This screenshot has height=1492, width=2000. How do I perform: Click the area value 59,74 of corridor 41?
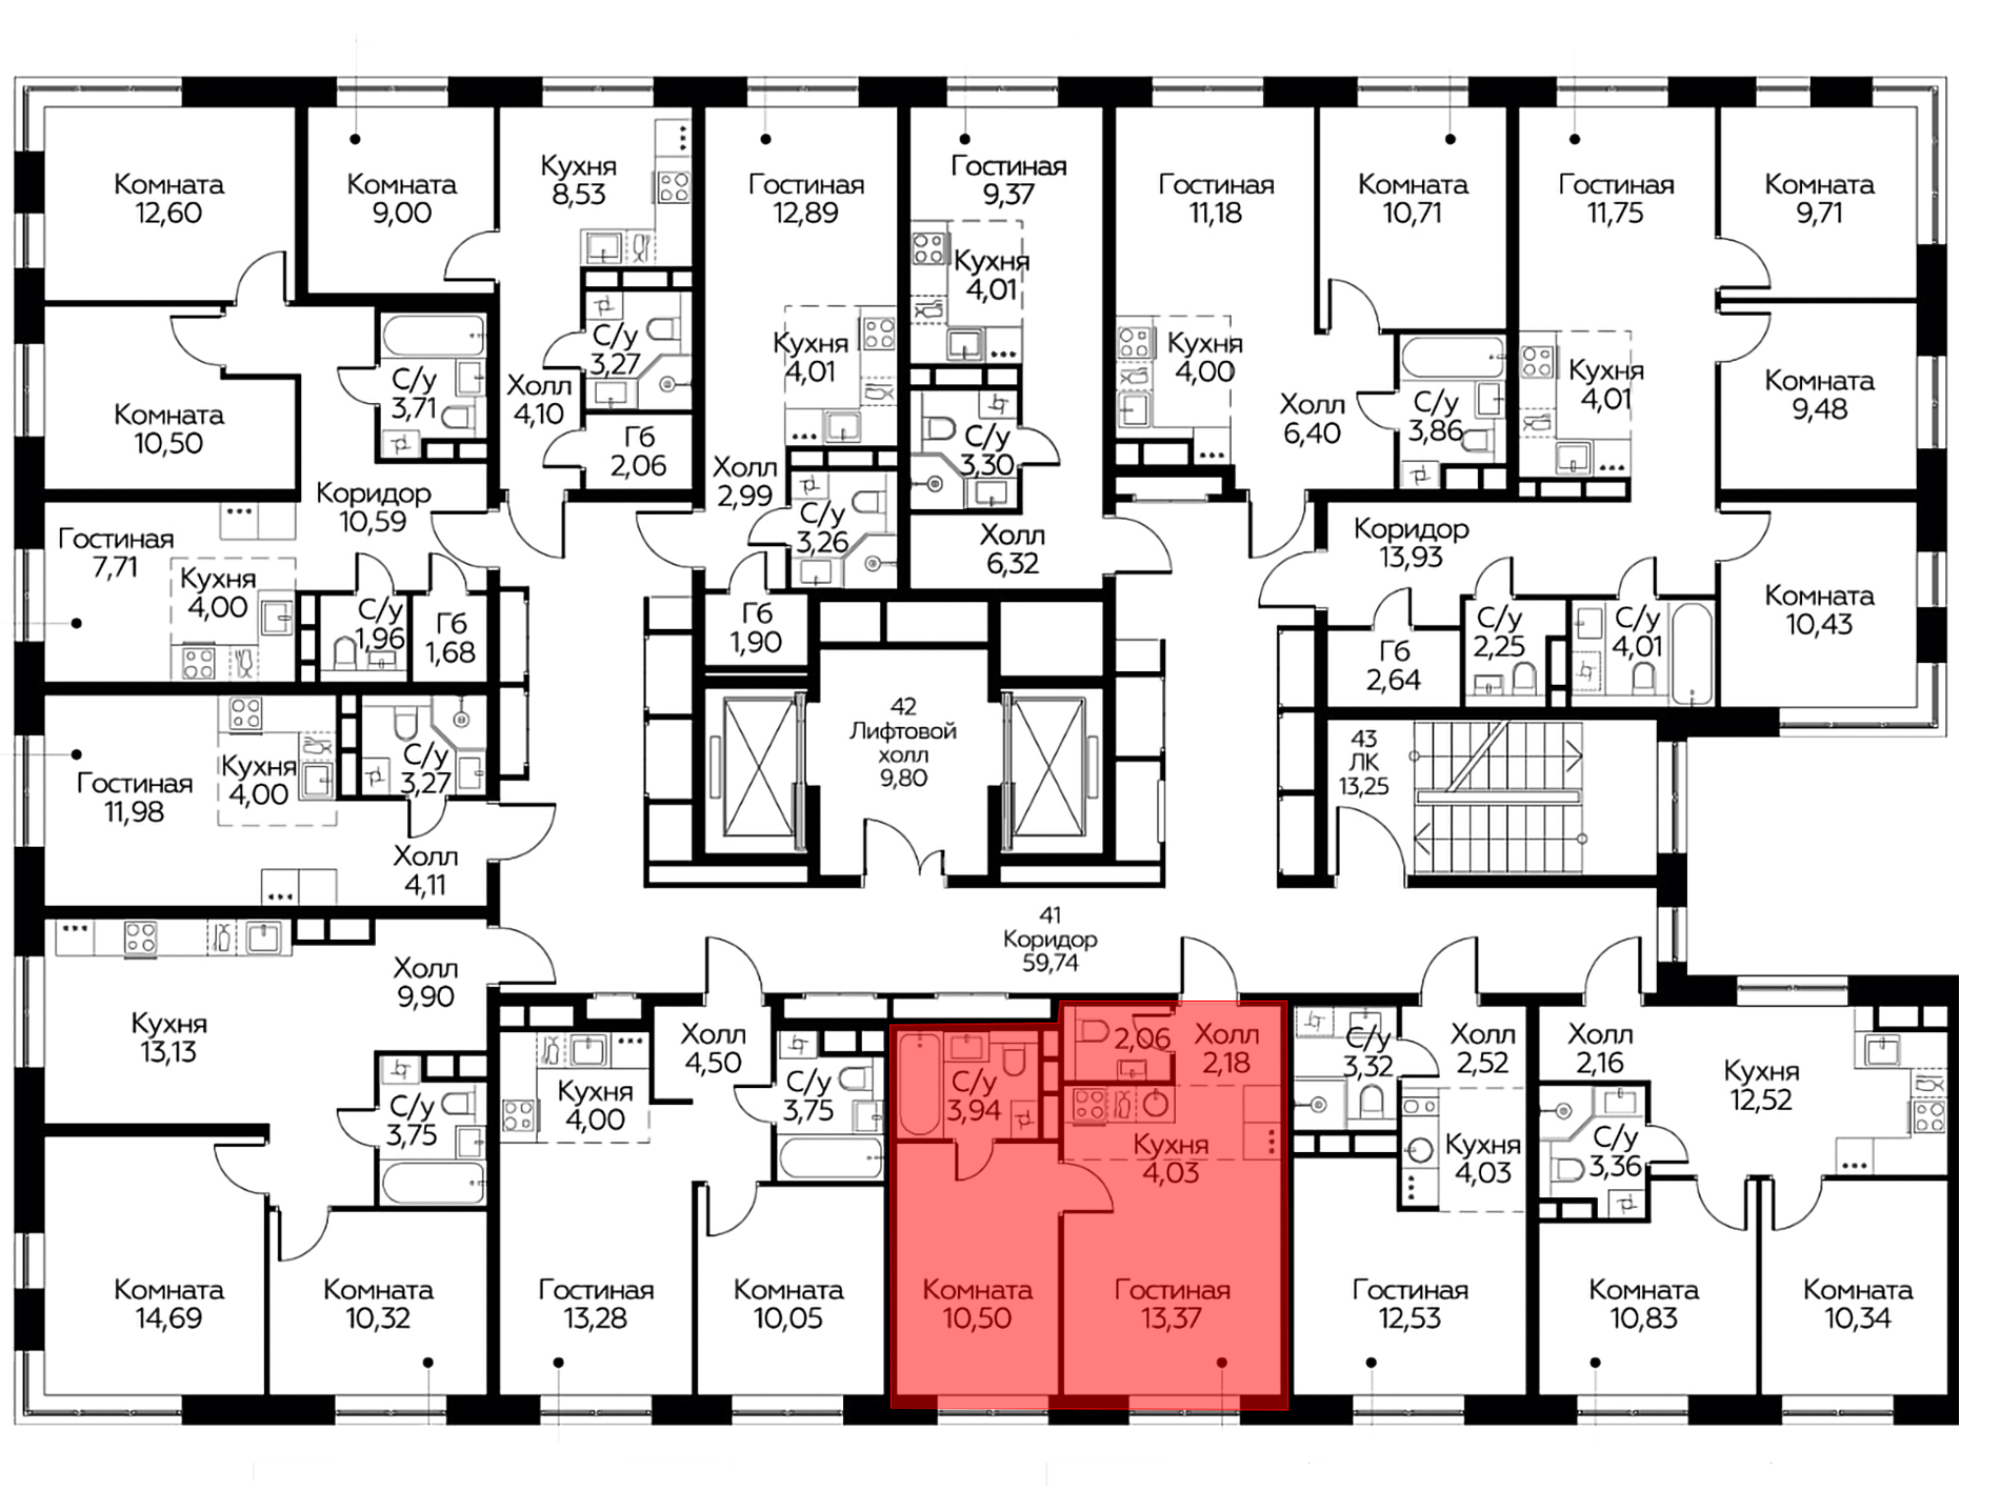pos(1050,963)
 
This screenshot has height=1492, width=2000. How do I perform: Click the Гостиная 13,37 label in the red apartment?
pos(1172,1304)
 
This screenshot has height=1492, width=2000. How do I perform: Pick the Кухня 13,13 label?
pos(169,1038)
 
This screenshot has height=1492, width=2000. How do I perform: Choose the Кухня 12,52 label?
pos(1761,1086)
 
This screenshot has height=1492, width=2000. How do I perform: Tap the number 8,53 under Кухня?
pos(578,194)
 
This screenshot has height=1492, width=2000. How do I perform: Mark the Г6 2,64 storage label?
pos(1393,666)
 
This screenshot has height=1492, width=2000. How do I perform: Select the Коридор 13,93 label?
pos(1411,543)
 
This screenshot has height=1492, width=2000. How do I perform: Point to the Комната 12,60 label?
pos(168,199)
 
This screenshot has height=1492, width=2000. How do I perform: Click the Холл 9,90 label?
pos(425,982)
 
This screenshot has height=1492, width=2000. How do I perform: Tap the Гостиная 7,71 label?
pos(116,553)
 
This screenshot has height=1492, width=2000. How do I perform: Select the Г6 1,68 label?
pos(450,639)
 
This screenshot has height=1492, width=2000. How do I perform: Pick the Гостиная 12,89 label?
pos(806,199)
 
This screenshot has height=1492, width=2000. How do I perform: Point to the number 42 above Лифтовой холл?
pos(903,707)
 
